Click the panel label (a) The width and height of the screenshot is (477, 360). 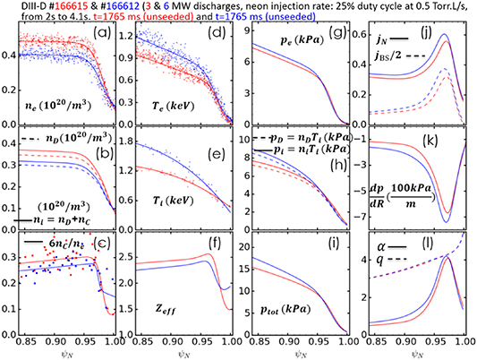pyautogui.click(x=104, y=40)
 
